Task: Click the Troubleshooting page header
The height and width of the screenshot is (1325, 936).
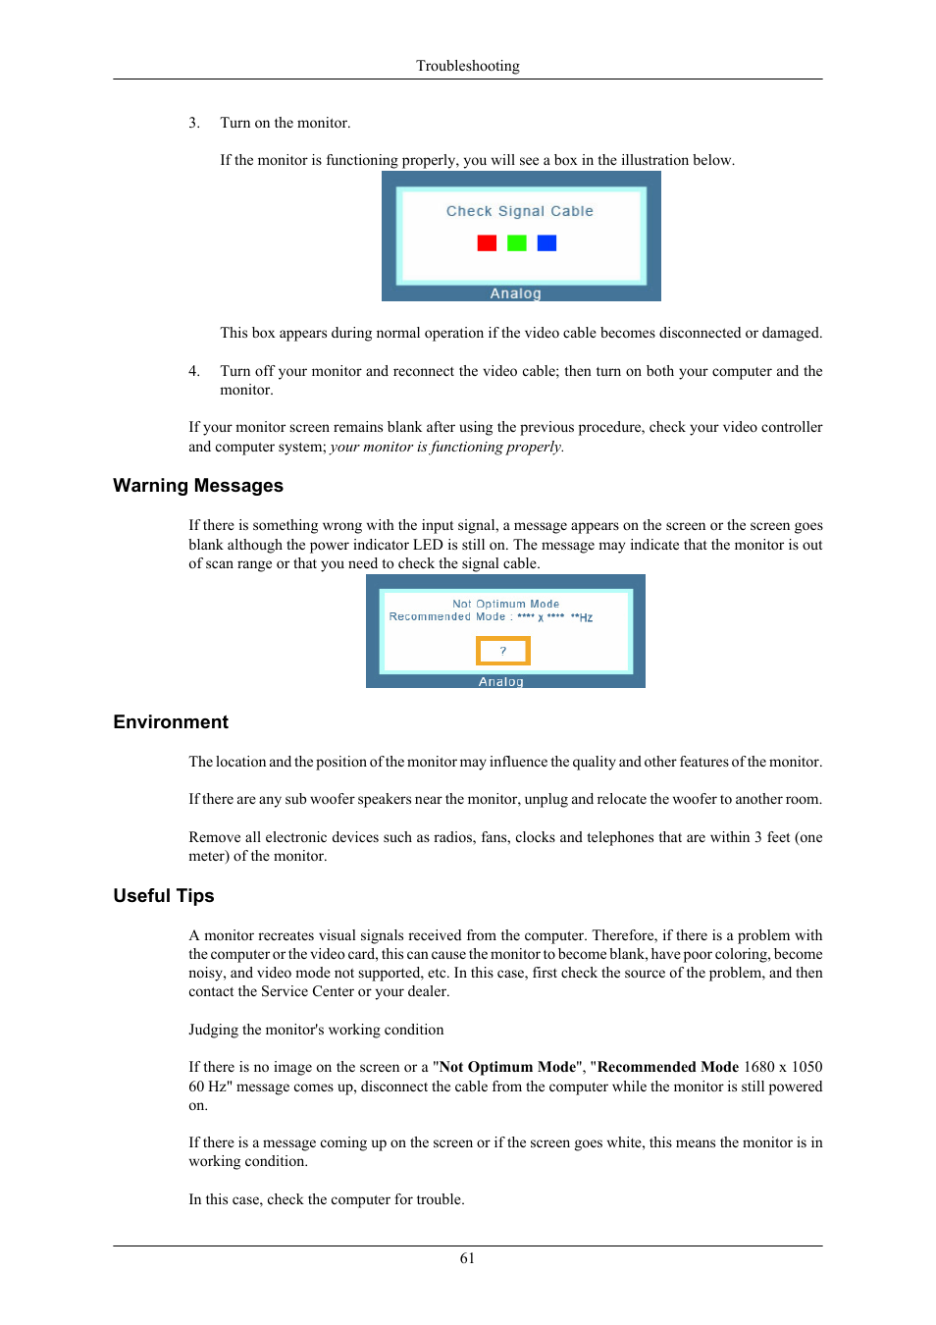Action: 467,66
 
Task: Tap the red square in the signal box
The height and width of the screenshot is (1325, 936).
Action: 487,242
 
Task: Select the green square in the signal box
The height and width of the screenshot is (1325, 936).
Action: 517,242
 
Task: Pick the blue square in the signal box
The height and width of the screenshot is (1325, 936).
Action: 546,242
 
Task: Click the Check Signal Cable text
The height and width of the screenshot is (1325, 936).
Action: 519,211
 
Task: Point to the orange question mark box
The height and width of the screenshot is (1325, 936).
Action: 502,651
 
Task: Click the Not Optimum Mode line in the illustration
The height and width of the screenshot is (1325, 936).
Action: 505,604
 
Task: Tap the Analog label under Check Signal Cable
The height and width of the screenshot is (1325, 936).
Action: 515,293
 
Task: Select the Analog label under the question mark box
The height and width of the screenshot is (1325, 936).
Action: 500,681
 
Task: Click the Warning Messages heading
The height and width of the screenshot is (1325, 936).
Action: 197,486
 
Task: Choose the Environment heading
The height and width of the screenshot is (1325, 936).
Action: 170,722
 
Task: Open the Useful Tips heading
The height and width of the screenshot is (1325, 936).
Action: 163,896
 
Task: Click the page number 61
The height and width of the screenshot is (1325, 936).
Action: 467,1258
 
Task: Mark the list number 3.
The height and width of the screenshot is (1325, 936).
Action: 193,123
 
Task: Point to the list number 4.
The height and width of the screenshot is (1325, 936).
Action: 193,371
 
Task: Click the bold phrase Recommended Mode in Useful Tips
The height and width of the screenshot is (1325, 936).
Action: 667,1067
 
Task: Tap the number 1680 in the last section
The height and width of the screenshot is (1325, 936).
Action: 759,1067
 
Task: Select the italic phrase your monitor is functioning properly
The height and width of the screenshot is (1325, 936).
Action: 446,447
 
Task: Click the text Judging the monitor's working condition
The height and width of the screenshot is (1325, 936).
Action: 316,1030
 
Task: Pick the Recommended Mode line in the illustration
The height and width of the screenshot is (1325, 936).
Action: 491,617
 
